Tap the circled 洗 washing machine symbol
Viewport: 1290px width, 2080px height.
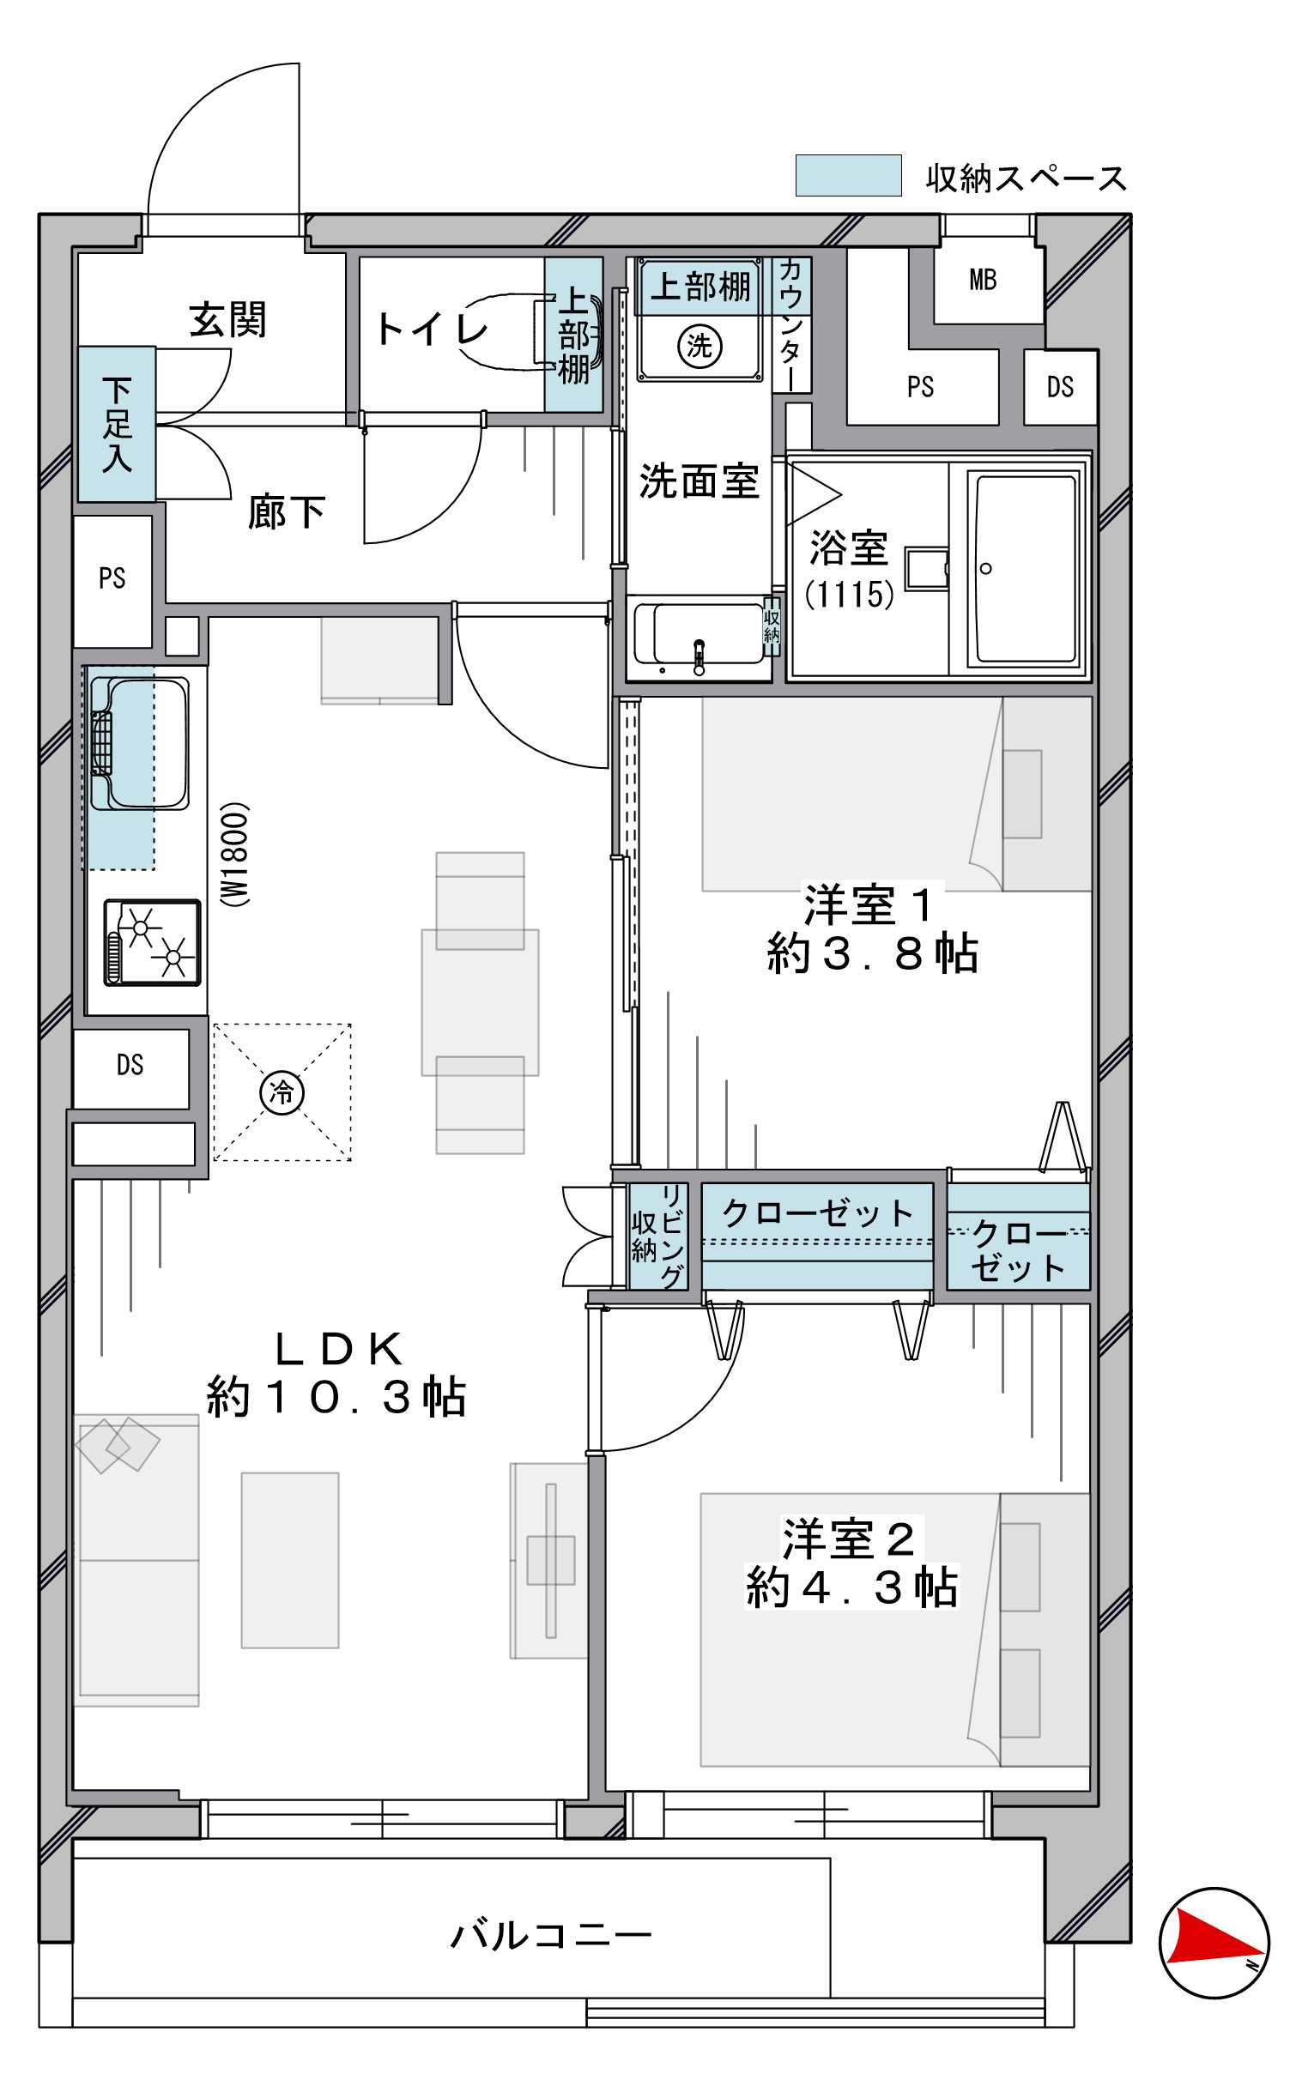(700, 346)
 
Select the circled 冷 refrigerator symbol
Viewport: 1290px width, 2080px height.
(282, 1092)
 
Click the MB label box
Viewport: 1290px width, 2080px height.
(984, 280)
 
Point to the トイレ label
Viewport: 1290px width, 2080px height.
(432, 329)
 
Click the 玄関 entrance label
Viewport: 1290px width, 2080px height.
(228, 320)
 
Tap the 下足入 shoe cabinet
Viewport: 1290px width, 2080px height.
(117, 424)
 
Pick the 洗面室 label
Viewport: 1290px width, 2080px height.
(699, 481)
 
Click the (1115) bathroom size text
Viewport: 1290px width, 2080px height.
(849, 594)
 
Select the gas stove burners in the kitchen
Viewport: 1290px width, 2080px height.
(153, 941)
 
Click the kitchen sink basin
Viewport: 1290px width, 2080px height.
(139, 743)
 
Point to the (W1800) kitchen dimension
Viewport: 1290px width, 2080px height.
(234, 854)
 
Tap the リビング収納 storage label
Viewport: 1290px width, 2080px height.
(658, 1237)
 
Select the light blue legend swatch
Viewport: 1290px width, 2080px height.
(848, 175)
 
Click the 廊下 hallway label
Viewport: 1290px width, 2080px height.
(287, 512)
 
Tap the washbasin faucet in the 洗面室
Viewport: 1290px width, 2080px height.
(699, 656)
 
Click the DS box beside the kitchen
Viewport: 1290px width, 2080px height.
(130, 1066)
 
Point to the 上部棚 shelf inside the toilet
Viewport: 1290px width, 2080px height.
(574, 336)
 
